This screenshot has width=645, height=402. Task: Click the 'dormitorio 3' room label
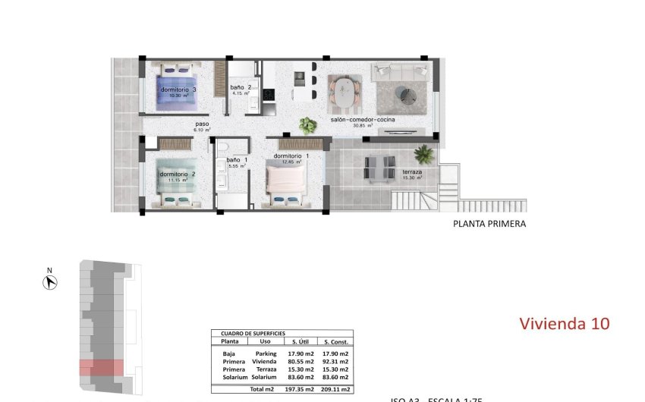[178, 90]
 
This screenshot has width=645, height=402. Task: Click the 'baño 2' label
[241, 87]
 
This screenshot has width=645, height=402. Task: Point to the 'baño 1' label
[233, 160]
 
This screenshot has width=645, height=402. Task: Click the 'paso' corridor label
[202, 124]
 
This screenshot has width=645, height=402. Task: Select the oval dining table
[345, 93]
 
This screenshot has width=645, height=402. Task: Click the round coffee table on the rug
[408, 94]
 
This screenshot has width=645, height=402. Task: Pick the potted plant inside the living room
[307, 125]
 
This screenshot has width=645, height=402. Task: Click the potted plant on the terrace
[424, 155]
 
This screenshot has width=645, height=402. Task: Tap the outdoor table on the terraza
[379, 168]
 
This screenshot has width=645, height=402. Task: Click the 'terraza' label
[412, 172]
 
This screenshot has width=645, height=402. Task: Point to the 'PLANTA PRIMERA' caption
[489, 224]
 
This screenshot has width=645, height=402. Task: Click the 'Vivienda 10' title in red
[564, 323]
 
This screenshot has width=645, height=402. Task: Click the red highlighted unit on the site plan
[101, 368]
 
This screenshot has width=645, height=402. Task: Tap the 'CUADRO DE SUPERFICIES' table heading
[253, 334]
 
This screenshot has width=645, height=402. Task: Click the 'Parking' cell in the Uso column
[266, 353]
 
